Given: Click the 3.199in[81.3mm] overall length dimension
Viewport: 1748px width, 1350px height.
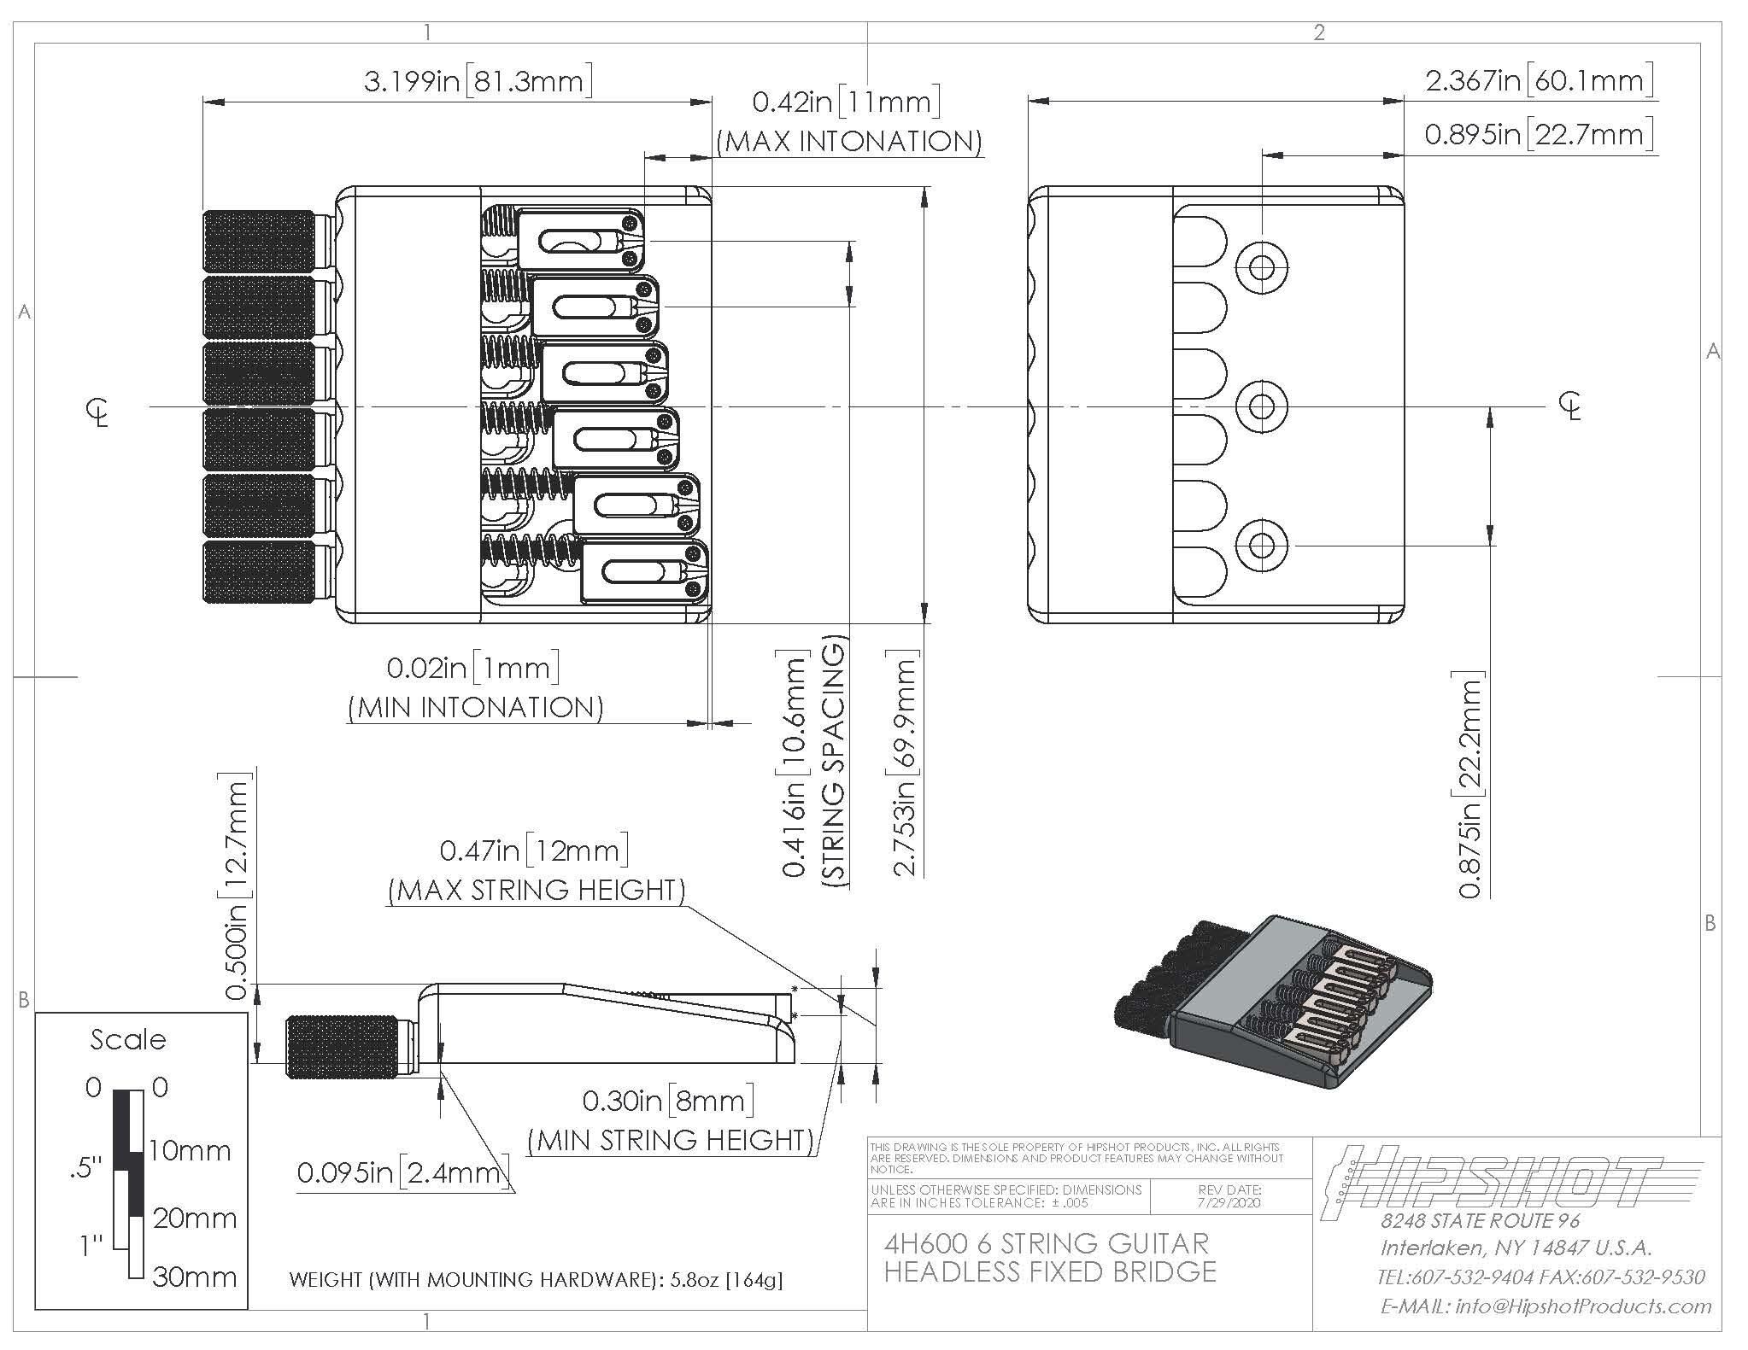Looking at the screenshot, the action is click(x=478, y=81).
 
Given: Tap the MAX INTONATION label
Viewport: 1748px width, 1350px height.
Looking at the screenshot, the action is click(x=849, y=141).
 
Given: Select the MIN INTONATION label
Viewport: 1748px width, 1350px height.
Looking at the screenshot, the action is click(x=476, y=707).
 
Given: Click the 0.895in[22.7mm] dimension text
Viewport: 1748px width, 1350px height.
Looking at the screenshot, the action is click(x=1539, y=134).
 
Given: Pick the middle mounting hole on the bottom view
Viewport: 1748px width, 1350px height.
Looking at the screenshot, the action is click(x=1262, y=406).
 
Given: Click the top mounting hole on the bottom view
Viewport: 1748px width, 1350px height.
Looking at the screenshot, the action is click(x=1262, y=267).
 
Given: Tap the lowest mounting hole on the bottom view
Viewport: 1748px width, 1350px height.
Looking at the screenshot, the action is click(x=1262, y=545).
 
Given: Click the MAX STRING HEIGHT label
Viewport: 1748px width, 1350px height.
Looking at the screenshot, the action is click(x=537, y=890).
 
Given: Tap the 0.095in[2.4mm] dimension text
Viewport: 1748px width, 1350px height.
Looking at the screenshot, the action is click(x=403, y=1172).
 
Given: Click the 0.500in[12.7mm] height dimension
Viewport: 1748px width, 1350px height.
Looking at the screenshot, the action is click(x=237, y=885).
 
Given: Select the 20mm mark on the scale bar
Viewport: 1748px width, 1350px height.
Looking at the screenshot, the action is click(x=195, y=1218).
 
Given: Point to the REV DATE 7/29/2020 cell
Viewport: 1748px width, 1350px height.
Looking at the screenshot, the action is click(x=1230, y=1195).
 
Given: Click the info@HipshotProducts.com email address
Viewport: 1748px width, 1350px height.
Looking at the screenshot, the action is click(x=1546, y=1306).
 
